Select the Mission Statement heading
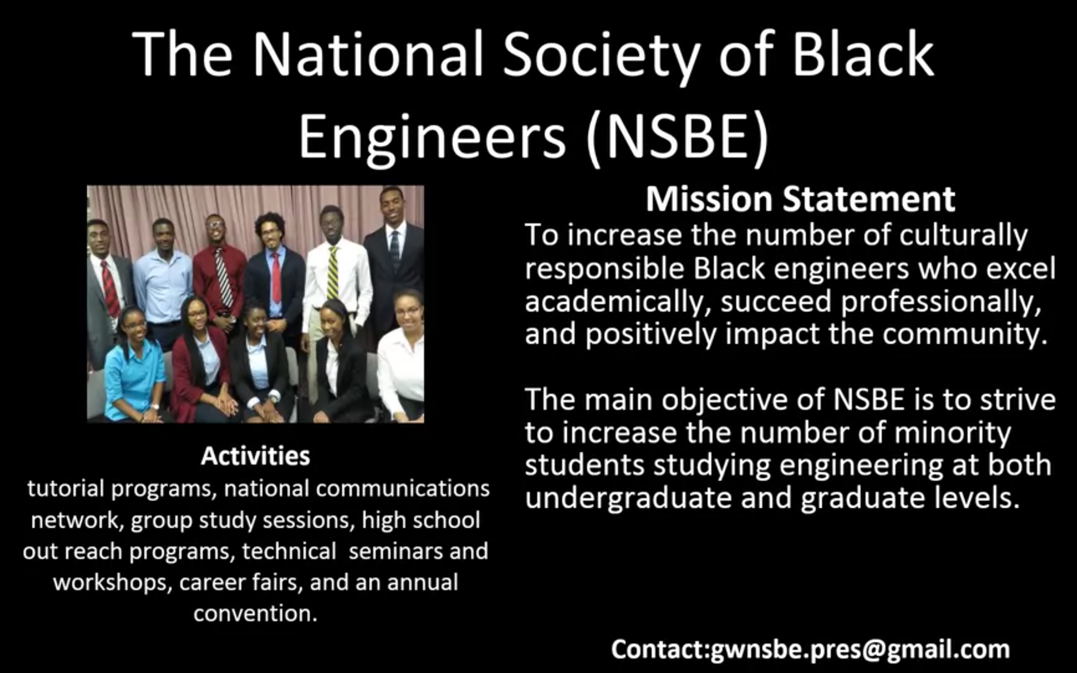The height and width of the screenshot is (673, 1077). [x=800, y=199]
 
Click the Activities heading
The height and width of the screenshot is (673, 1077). [x=255, y=456]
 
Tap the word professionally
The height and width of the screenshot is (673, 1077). [x=941, y=302]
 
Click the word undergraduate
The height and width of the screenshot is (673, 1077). [x=628, y=498]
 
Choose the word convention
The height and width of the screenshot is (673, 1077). [x=255, y=613]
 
